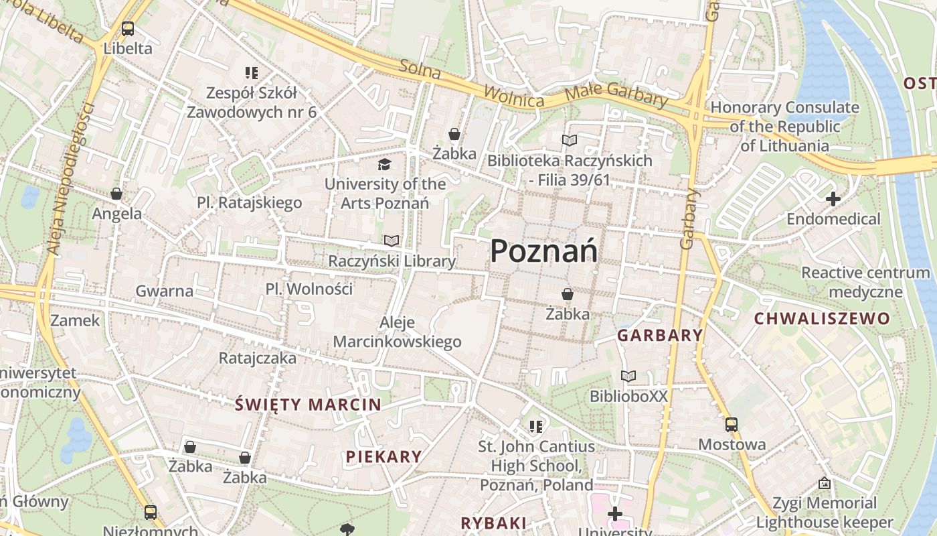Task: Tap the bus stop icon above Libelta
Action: click(128, 29)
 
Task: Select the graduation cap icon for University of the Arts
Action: click(384, 165)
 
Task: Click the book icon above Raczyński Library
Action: click(392, 241)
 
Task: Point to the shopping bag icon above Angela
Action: click(116, 194)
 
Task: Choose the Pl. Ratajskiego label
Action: click(249, 202)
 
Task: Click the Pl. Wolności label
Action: click(309, 289)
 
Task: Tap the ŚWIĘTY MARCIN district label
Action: click(308, 405)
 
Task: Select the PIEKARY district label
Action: click(384, 457)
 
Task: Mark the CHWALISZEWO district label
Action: click(823, 319)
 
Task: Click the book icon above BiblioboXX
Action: click(628, 377)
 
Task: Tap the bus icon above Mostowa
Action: click(732, 425)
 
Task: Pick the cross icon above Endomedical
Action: click(833, 199)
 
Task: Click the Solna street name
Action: click(420, 69)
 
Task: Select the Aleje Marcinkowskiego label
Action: click(397, 332)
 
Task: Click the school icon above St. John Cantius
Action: click(535, 426)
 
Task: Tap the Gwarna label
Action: click(164, 291)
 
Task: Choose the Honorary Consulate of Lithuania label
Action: click(784, 126)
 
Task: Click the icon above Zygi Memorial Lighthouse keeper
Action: click(825, 483)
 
